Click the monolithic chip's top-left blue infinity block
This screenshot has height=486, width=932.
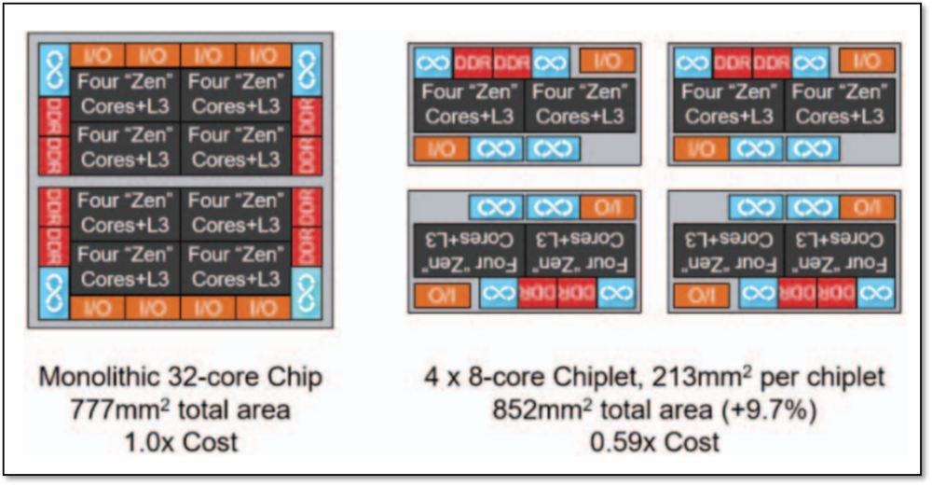pyautogui.click(x=54, y=70)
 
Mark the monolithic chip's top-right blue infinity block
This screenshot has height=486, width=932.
pyautogui.click(x=307, y=70)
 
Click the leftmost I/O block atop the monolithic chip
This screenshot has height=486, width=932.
pyautogui.click(x=98, y=56)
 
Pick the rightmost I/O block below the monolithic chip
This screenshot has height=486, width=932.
pyautogui.click(x=263, y=307)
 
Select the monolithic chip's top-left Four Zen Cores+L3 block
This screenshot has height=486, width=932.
pyautogui.click(x=124, y=93)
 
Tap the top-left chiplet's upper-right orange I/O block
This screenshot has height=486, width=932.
pyautogui.click(x=607, y=62)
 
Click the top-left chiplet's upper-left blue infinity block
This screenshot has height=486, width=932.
pyautogui.click(x=433, y=62)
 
